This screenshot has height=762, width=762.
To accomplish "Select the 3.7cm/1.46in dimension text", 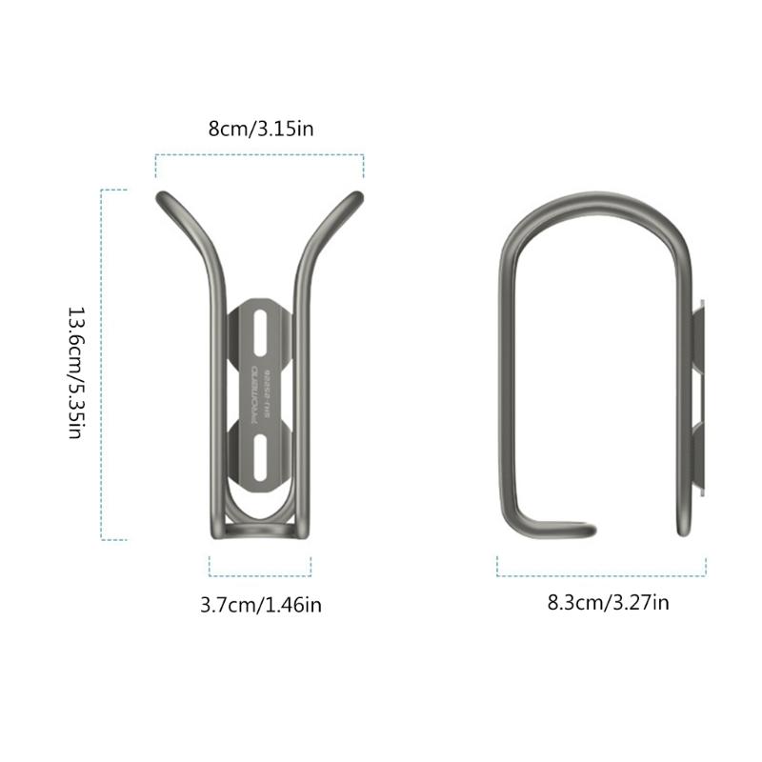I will [x=260, y=604].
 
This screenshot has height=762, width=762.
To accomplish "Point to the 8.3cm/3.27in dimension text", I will [x=608, y=602].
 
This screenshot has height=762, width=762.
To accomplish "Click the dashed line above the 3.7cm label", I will [x=260, y=575].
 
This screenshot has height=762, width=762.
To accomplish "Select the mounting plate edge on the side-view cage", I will [x=699, y=400].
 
